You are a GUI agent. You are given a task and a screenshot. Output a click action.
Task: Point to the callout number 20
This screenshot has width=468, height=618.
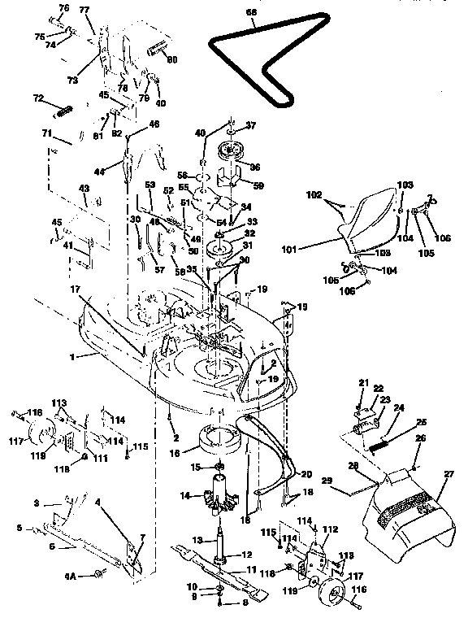[306, 474]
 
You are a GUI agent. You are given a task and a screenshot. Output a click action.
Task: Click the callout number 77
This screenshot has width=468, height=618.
[85, 10]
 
